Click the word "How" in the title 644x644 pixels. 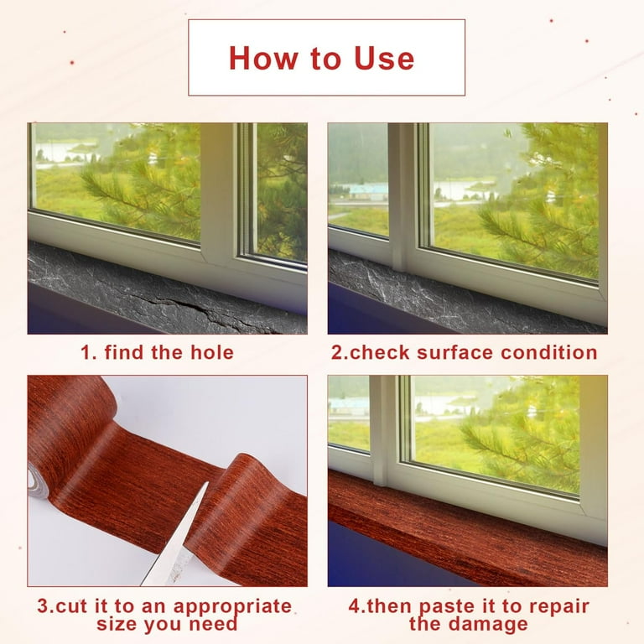(262, 58)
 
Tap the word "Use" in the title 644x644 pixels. (383, 58)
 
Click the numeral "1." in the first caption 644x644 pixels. (88, 352)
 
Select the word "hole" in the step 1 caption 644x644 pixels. (212, 352)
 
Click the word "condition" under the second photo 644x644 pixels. (549, 352)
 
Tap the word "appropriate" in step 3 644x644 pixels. (232, 607)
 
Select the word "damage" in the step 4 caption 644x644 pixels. (488, 625)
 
